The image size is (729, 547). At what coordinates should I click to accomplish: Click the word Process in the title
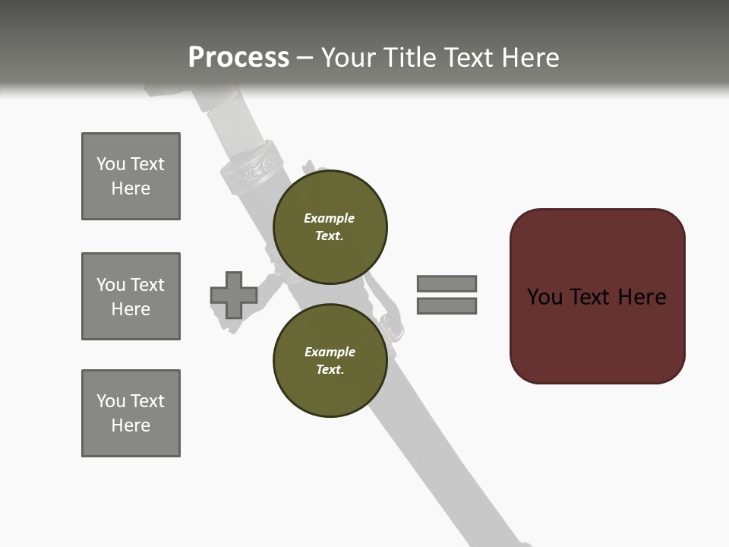pos(238,58)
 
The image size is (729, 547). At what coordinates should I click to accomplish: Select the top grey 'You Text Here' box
pos(131,176)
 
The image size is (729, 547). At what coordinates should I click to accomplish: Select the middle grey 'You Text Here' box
pos(131,296)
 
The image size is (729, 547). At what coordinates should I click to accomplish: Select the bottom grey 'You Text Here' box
pos(131,413)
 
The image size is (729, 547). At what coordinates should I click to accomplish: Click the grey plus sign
pos(233,295)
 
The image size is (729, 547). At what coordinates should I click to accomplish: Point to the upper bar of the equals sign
pos(447,283)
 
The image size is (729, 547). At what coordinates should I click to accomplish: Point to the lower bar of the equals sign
pos(447,306)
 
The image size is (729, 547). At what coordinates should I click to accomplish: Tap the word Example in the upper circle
pos(329,218)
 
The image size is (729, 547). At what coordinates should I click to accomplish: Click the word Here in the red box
pos(642,297)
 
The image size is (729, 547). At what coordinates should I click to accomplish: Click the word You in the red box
pos(545,297)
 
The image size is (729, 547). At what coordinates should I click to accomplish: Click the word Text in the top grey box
pos(147,164)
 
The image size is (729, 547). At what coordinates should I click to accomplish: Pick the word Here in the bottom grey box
pos(131,425)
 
